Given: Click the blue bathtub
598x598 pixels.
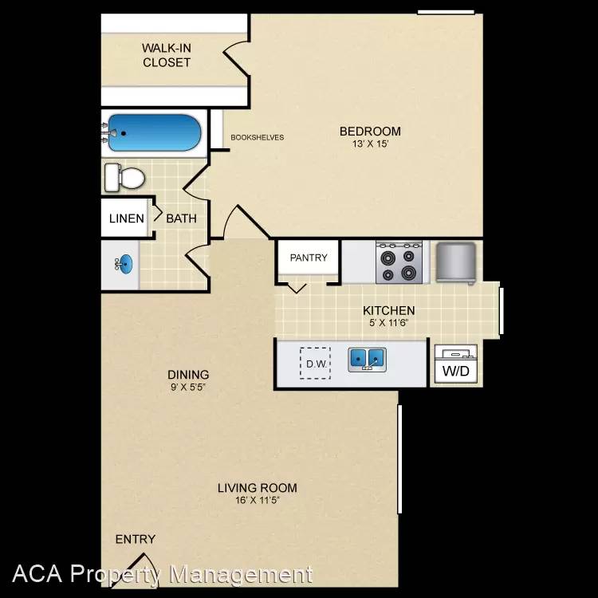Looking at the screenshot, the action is [155, 132].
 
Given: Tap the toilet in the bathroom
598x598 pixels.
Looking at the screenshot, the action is [124, 178].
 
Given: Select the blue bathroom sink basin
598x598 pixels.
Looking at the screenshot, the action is [125, 264].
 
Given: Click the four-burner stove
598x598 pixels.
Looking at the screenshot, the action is [399, 262].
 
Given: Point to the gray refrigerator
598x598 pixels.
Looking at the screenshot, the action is [456, 263].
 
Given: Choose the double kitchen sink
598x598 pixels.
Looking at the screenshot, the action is [367, 359].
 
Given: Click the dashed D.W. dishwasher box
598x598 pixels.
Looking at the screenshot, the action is [315, 363].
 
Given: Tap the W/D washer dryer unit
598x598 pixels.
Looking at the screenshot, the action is [456, 364].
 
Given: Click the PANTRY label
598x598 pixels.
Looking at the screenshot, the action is [309, 258].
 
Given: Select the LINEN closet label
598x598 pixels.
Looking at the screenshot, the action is [127, 218].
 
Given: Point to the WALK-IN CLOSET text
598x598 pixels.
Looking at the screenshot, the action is [167, 55].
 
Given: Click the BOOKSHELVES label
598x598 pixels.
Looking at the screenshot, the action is [258, 138].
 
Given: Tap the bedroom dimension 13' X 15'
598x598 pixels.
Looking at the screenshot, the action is [370, 144].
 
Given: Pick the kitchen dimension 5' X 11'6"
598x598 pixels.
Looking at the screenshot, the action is [388, 323].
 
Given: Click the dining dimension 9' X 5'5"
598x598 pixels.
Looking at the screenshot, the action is [188, 387].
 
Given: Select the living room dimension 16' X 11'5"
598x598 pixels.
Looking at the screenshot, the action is [258, 500].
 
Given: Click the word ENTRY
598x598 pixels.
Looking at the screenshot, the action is [136, 539].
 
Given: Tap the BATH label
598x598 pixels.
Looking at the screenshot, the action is [182, 218].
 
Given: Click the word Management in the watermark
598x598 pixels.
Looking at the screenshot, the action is [241, 574].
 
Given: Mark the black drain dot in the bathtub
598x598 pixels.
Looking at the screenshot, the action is [123, 133].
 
